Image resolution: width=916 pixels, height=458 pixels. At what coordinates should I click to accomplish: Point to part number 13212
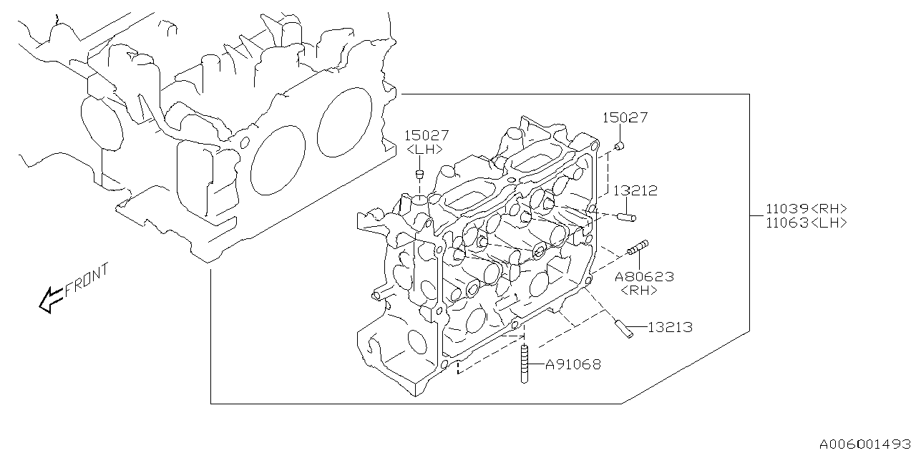coord(634,191)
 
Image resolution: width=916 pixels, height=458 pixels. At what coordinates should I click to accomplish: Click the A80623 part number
coord(644,276)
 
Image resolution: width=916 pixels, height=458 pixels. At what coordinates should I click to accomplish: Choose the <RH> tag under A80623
coord(638,291)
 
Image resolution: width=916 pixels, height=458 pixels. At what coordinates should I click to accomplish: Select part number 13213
coord(670,328)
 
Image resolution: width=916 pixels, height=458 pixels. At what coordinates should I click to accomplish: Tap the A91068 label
coord(572,364)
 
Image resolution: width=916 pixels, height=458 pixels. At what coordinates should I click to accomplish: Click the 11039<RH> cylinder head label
coord(807,208)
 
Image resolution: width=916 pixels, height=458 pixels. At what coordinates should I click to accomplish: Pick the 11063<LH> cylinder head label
coord(807,223)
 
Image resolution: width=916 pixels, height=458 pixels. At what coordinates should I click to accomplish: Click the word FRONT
coord(87,281)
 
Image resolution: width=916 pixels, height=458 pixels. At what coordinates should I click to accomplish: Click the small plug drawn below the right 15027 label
coord(620,147)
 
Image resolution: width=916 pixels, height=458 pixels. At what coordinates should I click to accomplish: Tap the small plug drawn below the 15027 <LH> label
coord(421,175)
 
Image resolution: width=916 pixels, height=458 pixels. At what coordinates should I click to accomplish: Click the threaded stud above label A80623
coord(638,248)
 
